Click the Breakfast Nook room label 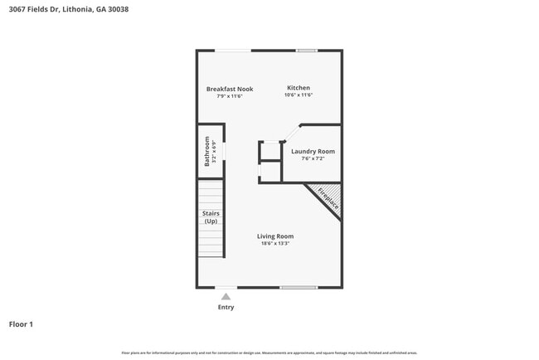(230, 89)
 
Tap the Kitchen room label (299, 88)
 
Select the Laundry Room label (313, 151)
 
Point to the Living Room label (274, 236)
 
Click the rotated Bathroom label (206, 151)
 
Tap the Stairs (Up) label (211, 217)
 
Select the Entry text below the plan (226, 307)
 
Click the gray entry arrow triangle (226, 295)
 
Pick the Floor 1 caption (21, 324)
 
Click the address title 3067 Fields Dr (68, 10)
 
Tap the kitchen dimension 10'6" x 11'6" (299, 95)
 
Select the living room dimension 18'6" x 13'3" (274, 244)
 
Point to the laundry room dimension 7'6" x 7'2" (313, 158)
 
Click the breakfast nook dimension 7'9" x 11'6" (230, 96)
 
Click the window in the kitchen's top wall (307, 51)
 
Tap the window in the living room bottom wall (298, 287)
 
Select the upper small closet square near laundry (270, 151)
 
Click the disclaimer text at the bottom (269, 353)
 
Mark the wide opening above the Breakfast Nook (235, 51)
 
